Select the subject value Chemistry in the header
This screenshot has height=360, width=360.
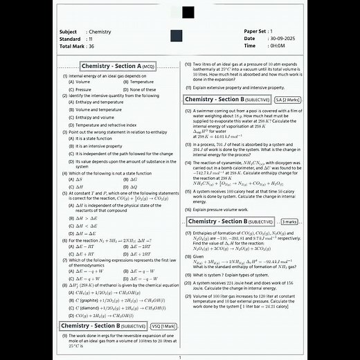[x=100, y=32]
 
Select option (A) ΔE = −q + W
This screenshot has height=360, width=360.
[x=87, y=271]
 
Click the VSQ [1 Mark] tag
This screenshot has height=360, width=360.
[x=163, y=325]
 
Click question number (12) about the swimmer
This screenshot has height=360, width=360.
[x=188, y=111]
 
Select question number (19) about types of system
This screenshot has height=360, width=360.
[x=188, y=275]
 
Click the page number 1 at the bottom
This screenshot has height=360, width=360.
[x=180, y=357]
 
